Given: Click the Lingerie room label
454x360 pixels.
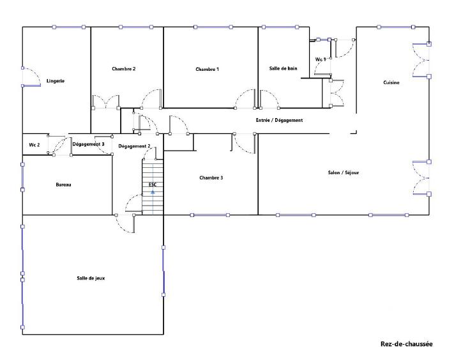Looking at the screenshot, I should (56, 81).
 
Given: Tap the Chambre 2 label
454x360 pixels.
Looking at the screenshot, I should (123, 69).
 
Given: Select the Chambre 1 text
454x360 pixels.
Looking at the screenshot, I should (208, 69).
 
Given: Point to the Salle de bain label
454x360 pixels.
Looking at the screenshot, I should (284, 68).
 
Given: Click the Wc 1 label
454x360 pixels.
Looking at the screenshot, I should (321, 59).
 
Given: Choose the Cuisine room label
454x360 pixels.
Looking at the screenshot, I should (391, 83).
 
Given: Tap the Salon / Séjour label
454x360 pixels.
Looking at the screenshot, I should (343, 172).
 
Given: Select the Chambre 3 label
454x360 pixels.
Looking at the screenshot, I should (211, 177).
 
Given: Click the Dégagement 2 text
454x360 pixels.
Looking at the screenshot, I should (134, 146).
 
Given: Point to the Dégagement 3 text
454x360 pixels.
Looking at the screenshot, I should (89, 144).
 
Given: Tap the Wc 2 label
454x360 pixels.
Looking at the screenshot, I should (34, 145).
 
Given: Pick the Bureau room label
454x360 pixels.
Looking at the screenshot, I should (63, 184).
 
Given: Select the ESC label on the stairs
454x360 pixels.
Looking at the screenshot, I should (153, 184).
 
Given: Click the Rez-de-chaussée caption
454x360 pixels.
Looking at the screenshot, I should (406, 344).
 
